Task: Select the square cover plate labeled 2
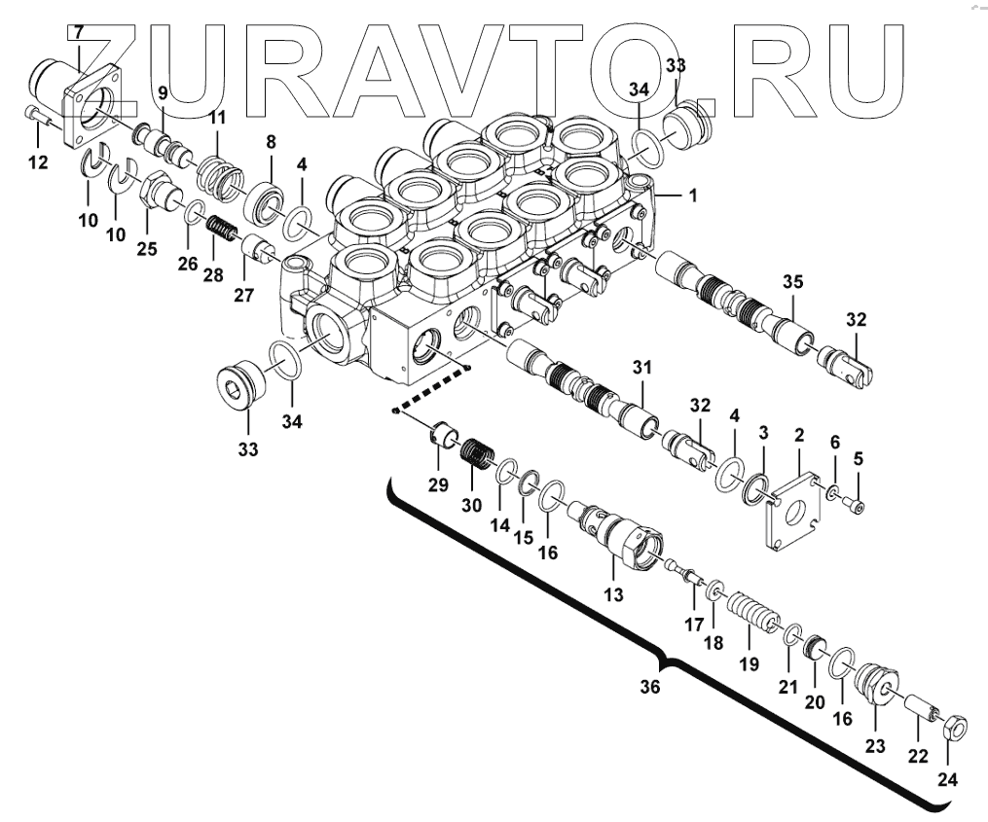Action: [795, 510]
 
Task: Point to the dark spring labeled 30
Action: [477, 452]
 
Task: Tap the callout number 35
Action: [793, 282]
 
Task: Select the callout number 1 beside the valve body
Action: [692, 196]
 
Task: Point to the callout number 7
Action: [75, 33]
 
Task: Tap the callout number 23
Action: [875, 747]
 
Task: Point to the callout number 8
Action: [270, 143]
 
